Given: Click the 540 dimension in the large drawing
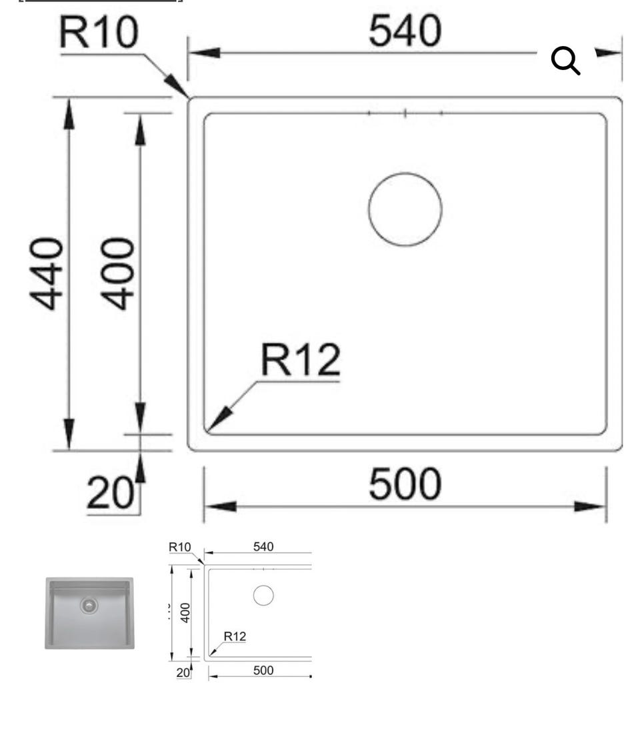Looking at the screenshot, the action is [x=405, y=31].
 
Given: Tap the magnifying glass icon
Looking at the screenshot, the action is [x=565, y=61].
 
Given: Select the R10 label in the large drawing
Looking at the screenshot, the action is [x=99, y=32].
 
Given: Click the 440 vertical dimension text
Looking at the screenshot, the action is [x=46, y=273].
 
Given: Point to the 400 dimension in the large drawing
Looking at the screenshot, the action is [x=117, y=273].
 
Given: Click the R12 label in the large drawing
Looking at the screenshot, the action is [x=300, y=359].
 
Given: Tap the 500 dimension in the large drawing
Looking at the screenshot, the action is [x=405, y=484].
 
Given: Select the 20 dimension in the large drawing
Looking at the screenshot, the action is [x=111, y=493].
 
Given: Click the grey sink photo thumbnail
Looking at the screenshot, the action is [x=89, y=613].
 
